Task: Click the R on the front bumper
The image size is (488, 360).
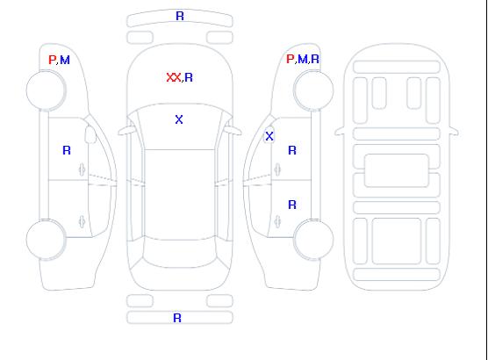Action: point(180,16)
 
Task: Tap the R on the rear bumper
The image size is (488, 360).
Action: point(177,318)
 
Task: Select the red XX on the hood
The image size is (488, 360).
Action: point(174,77)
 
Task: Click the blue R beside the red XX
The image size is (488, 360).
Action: point(189,77)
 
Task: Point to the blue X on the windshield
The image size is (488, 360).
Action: point(179,119)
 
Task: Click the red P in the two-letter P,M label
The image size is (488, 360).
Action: point(52,60)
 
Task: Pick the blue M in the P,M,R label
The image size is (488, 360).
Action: point(302,59)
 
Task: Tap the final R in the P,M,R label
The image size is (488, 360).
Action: point(315,59)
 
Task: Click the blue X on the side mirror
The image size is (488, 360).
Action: point(269,136)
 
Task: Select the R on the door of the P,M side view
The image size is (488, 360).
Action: point(67,150)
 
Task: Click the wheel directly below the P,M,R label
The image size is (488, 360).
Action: point(313,90)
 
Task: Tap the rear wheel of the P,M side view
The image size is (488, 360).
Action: point(46,240)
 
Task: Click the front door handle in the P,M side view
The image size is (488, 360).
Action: point(82,169)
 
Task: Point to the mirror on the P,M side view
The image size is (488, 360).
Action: point(90,134)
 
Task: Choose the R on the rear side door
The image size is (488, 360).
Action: point(292,205)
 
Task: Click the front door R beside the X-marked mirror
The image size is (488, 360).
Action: point(292,150)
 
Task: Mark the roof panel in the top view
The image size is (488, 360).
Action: point(180,194)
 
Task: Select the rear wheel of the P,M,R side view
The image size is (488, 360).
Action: point(313,239)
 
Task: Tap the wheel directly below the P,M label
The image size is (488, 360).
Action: point(46,90)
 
